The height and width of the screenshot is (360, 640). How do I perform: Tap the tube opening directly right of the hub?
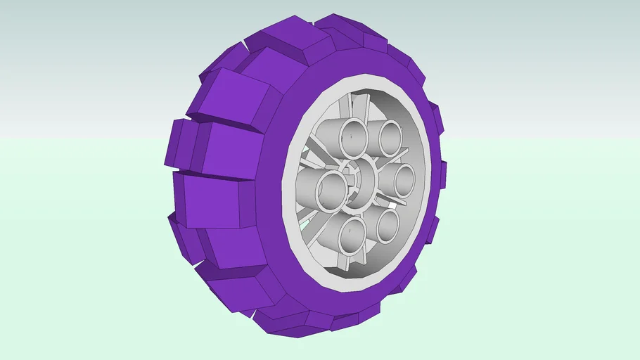click(x=404, y=181)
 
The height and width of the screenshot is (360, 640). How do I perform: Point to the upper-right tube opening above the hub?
click(x=390, y=139)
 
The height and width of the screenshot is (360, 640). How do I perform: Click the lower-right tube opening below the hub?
click(x=387, y=225)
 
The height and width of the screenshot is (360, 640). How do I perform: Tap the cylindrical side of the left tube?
click(x=307, y=186)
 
